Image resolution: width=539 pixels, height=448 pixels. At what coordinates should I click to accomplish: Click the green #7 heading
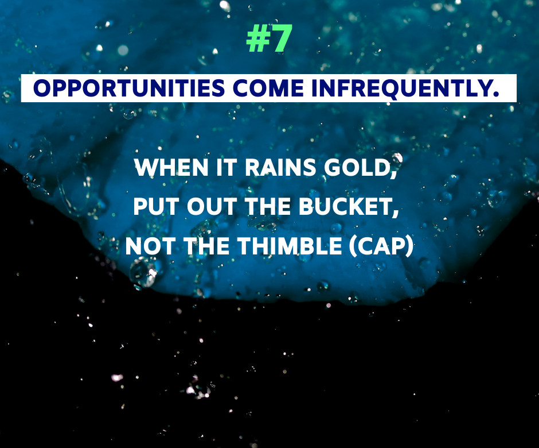coord(269,38)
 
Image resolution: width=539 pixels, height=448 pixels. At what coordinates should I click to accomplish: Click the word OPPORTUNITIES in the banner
coord(129,88)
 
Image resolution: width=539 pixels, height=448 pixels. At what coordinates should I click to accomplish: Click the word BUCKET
coord(345,207)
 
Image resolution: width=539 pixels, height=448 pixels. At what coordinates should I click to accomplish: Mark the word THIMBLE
coord(290,246)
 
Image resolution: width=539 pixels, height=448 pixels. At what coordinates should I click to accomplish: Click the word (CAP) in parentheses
coord(381,246)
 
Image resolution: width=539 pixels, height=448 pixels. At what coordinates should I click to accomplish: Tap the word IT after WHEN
coord(227,167)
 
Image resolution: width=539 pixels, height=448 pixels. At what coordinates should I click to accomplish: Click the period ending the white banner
coord(495,94)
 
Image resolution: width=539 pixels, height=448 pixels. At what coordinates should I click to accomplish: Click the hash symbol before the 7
coord(258,38)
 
